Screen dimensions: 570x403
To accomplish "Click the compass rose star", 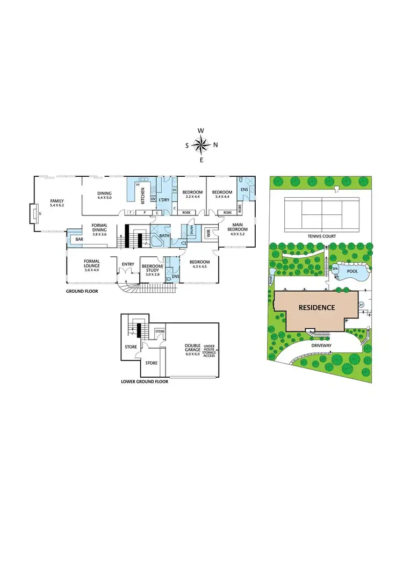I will point(201,145).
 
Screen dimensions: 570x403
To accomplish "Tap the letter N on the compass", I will point(215,145).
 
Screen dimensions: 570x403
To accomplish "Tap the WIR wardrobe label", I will point(208,233).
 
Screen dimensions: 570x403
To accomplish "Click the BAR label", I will point(79,239).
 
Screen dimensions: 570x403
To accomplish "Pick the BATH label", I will point(164,235).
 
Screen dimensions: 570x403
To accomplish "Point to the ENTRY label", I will point(128,264).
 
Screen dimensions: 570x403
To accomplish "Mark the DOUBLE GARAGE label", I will point(192,348).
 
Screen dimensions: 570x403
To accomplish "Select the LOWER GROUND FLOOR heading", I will point(145,382).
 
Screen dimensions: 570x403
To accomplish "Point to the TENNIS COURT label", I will point(321,236).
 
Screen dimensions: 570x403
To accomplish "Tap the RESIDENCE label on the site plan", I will point(317,308).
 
